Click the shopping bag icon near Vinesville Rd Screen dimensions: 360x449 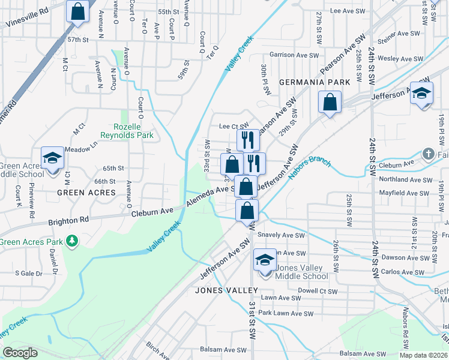(x=77, y=11)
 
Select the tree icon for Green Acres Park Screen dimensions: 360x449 (x=72, y=241)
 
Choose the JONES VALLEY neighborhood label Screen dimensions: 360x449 (x=226, y=290)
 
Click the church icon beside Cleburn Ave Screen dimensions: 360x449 (x=428, y=154)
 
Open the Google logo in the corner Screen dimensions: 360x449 (x=20, y=353)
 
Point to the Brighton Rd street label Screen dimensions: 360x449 (x=70, y=220)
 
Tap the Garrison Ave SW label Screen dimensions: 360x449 (x=294, y=55)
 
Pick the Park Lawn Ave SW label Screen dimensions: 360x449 (x=286, y=313)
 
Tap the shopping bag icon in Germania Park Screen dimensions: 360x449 (x=330, y=102)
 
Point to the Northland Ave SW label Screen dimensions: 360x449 (x=406, y=179)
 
